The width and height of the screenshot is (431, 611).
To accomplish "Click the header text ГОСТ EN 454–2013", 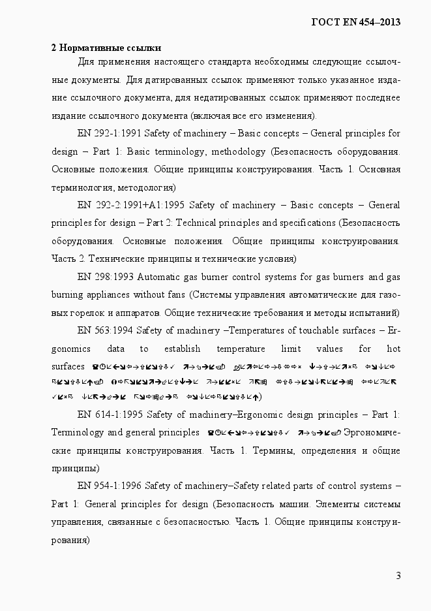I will [356, 22].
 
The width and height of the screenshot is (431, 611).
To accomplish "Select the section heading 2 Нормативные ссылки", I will [106, 48].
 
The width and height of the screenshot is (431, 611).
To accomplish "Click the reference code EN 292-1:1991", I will [109, 134].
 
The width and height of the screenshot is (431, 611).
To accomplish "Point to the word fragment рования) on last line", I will [70, 540].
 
